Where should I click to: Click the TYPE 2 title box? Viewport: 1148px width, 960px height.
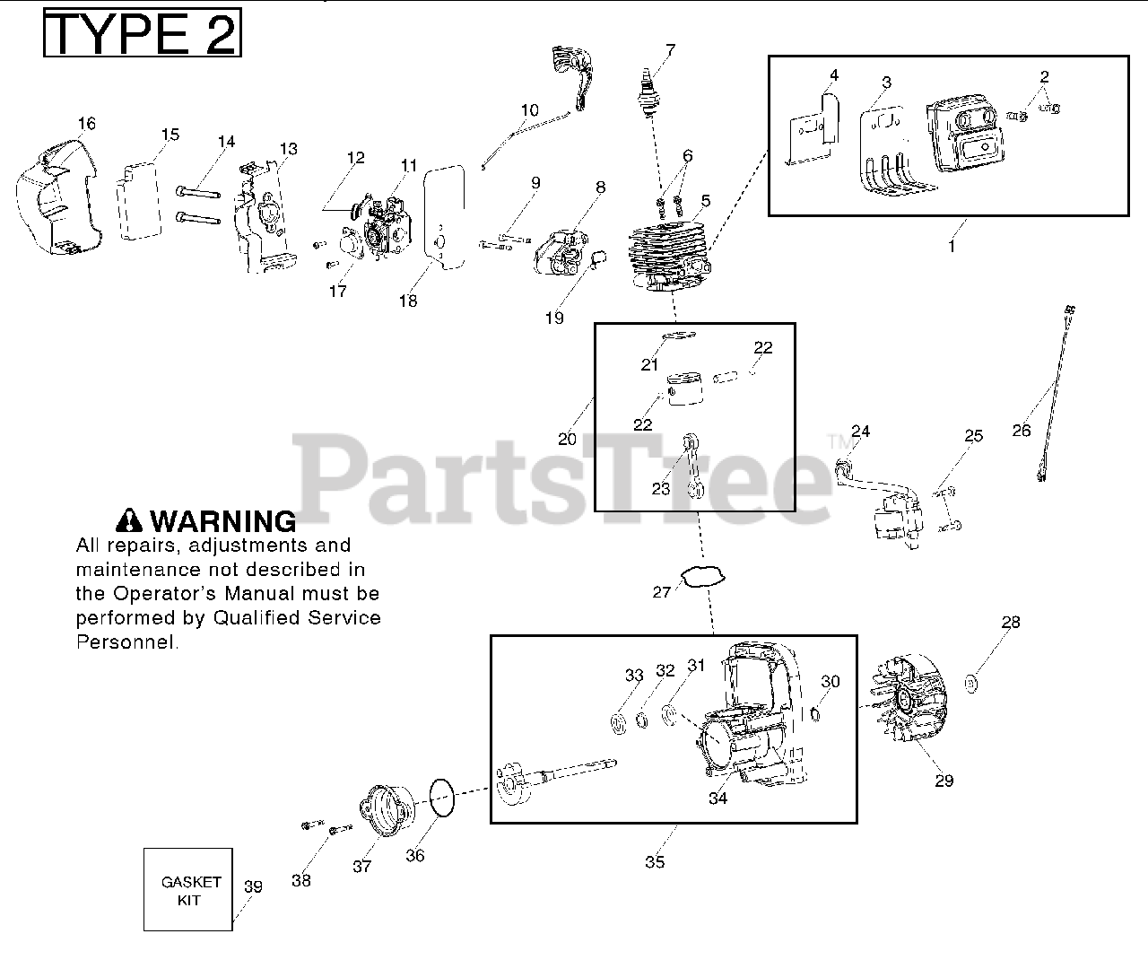(x=142, y=33)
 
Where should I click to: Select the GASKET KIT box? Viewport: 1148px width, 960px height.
(x=188, y=889)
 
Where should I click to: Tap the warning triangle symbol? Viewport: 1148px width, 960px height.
(x=129, y=520)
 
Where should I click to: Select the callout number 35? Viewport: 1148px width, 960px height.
(x=655, y=861)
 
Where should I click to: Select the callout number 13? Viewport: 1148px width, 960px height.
(x=288, y=149)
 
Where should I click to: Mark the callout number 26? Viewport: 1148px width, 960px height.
(x=1022, y=431)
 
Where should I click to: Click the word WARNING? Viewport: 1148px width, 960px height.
(x=222, y=521)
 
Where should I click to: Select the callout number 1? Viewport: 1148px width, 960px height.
(x=952, y=244)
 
